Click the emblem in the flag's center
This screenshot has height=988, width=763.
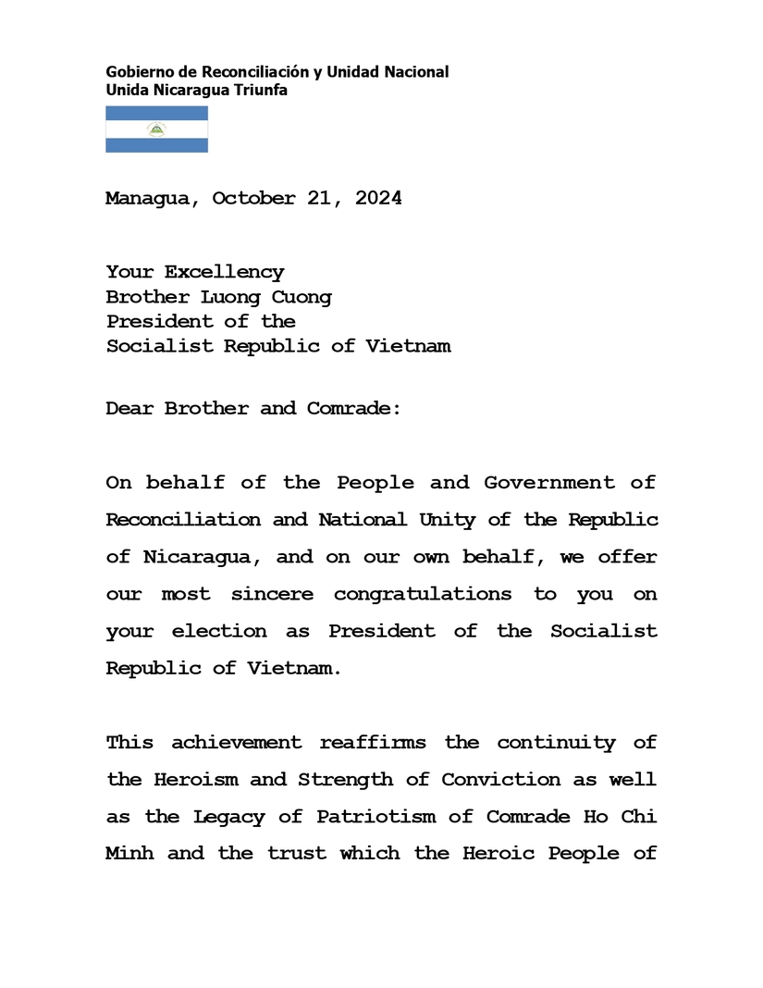click(x=156, y=130)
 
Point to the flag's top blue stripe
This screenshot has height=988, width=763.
click(x=156, y=114)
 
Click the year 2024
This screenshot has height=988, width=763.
click(x=377, y=198)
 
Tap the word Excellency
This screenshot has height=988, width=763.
click(x=224, y=272)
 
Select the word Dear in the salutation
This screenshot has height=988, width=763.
click(x=129, y=408)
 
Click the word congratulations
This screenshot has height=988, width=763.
click(x=422, y=594)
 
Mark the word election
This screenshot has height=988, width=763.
click(x=218, y=631)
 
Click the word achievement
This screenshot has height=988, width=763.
click(x=236, y=742)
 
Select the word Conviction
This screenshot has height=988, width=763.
click(x=500, y=779)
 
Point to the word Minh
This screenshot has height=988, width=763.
click(x=129, y=853)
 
